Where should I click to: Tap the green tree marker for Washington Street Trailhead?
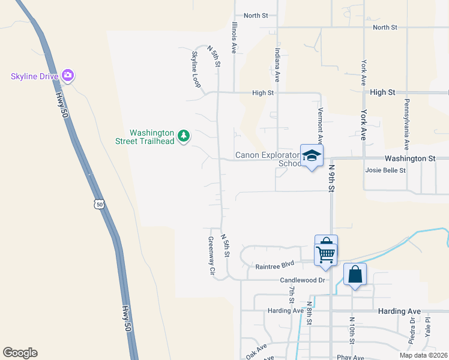(184, 136)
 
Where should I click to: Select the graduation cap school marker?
(311, 157)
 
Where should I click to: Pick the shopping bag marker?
(355, 275)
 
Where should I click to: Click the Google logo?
(20, 353)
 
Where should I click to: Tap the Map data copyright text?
(423, 355)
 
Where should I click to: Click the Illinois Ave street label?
(235, 37)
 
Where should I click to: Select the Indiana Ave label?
(277, 65)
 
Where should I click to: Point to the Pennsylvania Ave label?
(406, 124)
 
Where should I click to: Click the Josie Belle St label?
(385, 170)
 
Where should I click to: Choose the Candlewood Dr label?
(302, 280)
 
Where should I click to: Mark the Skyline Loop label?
(196, 70)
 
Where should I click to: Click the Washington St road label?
(410, 158)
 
